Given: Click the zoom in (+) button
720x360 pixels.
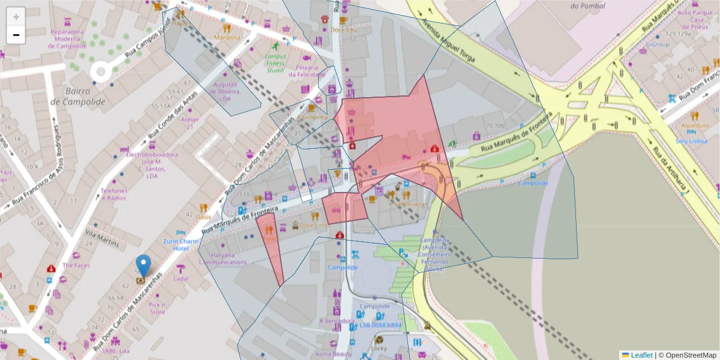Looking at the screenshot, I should (16, 16).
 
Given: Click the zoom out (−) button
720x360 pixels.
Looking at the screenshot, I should (16, 35).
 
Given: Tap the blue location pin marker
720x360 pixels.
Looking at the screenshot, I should (143, 266).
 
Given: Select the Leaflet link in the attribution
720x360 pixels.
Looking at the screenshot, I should (641, 355).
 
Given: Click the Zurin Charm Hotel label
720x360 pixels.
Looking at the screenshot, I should (181, 245).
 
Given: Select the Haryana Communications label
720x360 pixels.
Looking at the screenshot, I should (223, 258).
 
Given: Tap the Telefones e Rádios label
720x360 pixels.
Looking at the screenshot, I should (113, 194).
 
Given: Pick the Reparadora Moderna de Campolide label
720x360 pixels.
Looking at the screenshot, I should (70, 38).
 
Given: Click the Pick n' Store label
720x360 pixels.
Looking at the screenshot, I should (157, 308).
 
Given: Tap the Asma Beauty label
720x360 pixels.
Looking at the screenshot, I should (333, 354).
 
